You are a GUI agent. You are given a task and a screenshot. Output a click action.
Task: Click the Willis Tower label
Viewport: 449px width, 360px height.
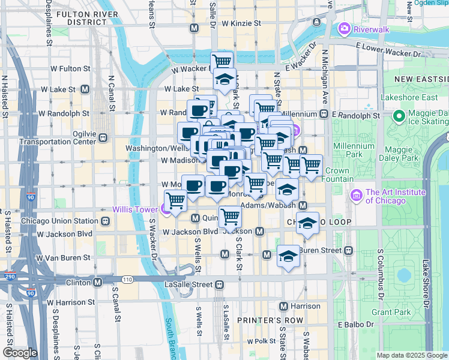click(x=136, y=209)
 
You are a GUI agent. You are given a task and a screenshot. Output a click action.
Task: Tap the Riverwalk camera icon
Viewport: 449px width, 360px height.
click(x=344, y=28)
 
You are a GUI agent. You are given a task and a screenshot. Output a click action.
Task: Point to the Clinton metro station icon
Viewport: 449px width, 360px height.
click(x=97, y=280)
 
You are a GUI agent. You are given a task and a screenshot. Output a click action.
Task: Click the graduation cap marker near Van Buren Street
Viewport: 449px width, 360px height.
click(x=288, y=256)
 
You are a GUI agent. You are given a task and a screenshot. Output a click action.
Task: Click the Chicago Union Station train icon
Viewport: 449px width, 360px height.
click(x=105, y=221)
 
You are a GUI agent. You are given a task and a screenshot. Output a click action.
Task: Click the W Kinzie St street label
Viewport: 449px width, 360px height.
click(x=242, y=24)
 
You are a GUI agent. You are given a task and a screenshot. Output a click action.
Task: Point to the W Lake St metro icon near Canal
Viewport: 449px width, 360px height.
click(x=85, y=89)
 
